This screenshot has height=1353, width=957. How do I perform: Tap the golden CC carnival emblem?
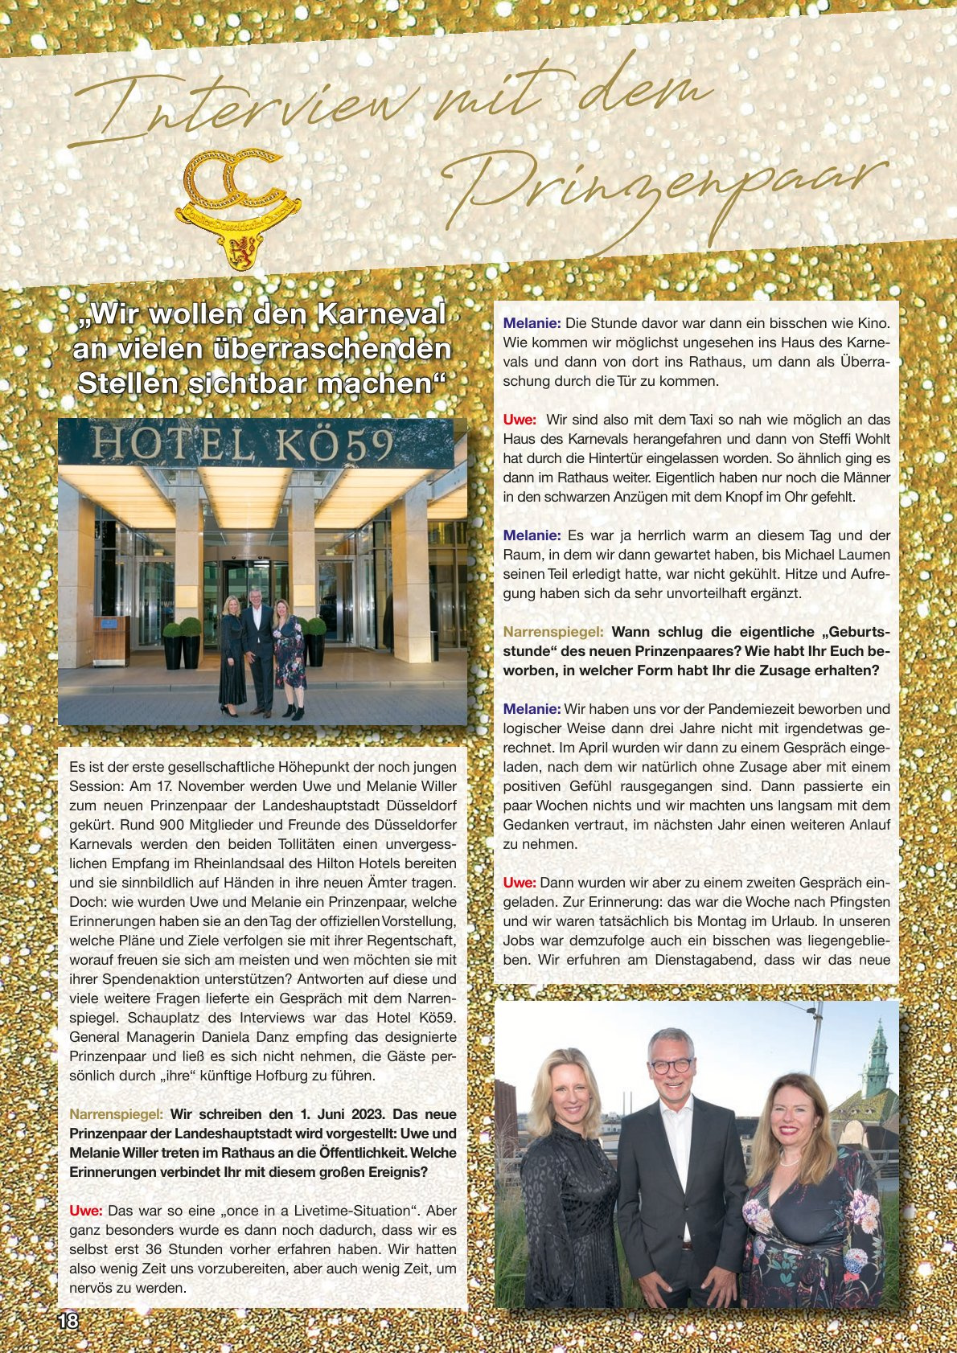[236, 206]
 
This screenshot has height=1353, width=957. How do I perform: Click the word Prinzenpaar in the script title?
[659, 197]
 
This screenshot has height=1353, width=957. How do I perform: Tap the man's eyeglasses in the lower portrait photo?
[671, 1066]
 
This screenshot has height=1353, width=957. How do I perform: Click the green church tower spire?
[876, 1053]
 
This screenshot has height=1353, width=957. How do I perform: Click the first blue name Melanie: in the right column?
[532, 323]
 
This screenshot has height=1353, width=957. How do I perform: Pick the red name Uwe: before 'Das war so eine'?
[86, 1211]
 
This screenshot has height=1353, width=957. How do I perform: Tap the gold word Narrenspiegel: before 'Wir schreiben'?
[117, 1114]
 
